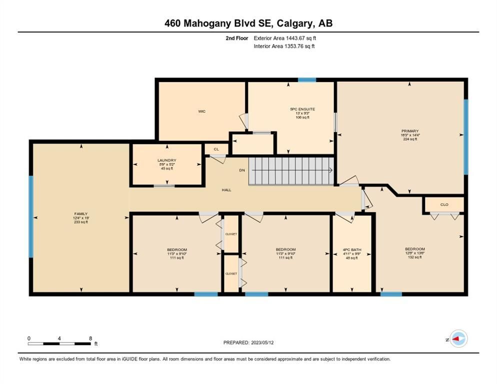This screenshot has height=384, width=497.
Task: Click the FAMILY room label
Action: coord(81,213)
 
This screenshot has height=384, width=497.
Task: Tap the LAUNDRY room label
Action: coord(166,160)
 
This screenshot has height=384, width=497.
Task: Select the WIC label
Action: coord(202,111)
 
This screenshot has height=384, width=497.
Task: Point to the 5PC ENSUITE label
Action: coord(302,109)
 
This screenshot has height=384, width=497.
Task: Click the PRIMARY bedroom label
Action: coord(410,131)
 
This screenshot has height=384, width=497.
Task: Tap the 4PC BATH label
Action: coord(352,250)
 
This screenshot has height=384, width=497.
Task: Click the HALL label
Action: coord(226,190)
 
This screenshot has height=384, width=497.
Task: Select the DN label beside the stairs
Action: coord(242,170)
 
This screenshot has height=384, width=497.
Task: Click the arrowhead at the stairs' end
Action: coord(330,170)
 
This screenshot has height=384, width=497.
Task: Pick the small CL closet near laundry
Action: coord(216,149)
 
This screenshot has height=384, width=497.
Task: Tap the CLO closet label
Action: coord(444,204)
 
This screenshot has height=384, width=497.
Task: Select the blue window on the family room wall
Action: coord(31,216)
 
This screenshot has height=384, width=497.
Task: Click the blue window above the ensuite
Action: coord(307,80)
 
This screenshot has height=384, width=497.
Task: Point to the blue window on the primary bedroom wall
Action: coord(466,137)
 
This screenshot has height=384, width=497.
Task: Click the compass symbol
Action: coord(458,339)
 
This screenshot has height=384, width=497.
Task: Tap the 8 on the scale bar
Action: coord(90,338)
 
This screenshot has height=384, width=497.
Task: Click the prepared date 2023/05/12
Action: coord(262,342)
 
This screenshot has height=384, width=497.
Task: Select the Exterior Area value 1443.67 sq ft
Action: coord(301,38)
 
